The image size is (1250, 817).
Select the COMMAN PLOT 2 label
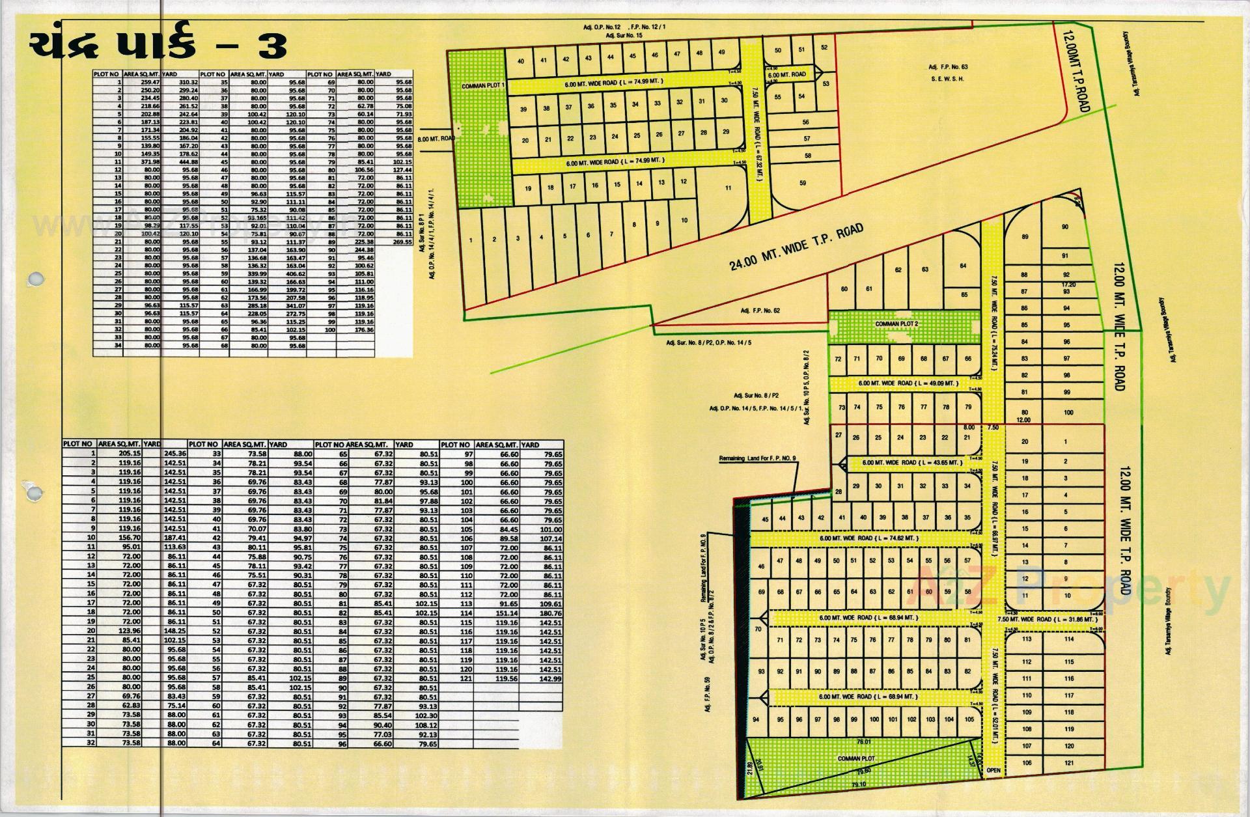click(x=896, y=324)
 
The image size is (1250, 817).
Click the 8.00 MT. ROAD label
click(x=437, y=139)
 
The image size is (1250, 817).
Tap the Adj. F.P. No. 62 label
click(x=760, y=311)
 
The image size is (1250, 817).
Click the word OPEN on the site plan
click(x=993, y=771)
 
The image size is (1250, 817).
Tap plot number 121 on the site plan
click(x=1069, y=763)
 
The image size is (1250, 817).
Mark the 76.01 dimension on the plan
click(x=864, y=741)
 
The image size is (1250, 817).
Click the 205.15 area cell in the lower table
click(x=130, y=454)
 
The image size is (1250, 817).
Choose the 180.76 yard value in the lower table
click(x=550, y=613)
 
